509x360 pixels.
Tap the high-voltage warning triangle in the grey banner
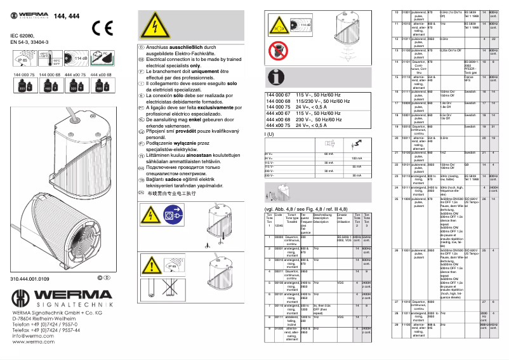[x=154, y=29]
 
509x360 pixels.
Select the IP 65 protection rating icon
[x=24, y=60]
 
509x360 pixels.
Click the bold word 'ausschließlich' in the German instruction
[x=191, y=48]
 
